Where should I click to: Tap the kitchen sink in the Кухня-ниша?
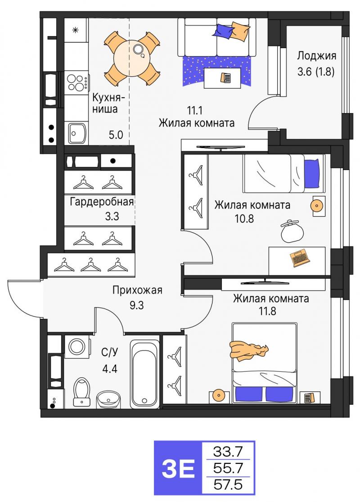(x=77, y=133)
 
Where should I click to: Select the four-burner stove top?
(x=77, y=82)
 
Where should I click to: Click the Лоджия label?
(x=316, y=56)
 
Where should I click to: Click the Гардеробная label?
(x=101, y=202)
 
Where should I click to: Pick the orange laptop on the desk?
(x=300, y=258)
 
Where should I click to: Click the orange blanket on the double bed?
(x=248, y=351)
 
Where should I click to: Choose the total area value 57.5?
(x=228, y=484)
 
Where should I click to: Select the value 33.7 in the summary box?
(x=228, y=452)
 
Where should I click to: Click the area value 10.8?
(x=244, y=219)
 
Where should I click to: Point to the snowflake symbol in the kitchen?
(x=76, y=31)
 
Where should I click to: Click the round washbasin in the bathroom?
(x=108, y=399)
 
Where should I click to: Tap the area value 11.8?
(x=267, y=311)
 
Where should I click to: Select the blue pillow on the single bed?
(x=312, y=173)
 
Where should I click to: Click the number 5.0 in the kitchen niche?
(x=116, y=135)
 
